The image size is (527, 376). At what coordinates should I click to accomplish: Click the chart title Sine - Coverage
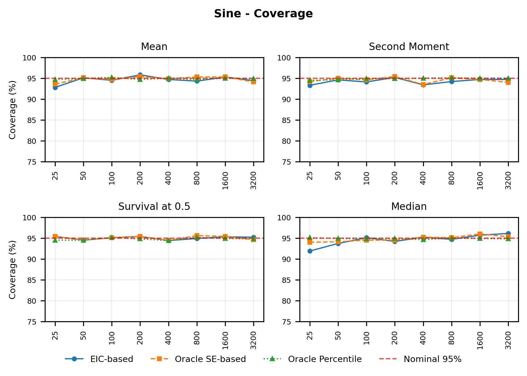(x=263, y=14)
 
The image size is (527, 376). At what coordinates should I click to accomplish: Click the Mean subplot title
(x=154, y=47)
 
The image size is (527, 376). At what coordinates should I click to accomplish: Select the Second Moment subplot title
(x=409, y=47)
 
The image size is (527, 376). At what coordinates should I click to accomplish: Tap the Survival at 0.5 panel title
(x=154, y=207)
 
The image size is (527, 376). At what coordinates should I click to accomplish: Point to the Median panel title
(x=409, y=207)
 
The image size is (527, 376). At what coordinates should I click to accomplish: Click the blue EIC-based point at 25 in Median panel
(x=310, y=251)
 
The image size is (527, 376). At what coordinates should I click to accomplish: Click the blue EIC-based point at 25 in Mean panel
(x=55, y=88)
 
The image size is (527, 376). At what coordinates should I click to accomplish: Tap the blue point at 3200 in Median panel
(x=508, y=234)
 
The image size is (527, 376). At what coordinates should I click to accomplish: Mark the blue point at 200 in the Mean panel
(x=140, y=75)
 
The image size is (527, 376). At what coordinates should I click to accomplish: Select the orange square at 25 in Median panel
(x=310, y=242)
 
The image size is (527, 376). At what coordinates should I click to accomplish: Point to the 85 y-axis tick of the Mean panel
(x=36, y=120)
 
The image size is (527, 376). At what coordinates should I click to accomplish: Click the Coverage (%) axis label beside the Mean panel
(x=12, y=110)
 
